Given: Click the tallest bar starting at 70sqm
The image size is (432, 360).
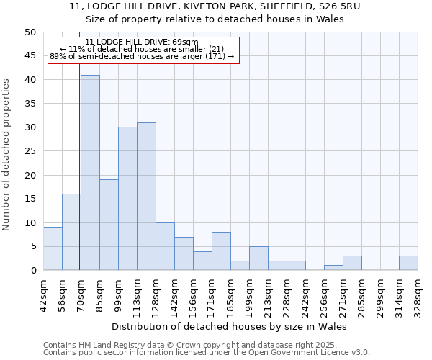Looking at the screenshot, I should click(90, 173).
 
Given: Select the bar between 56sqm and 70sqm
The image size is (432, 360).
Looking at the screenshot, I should click(71, 232).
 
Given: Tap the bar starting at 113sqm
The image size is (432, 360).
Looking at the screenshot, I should click(146, 197).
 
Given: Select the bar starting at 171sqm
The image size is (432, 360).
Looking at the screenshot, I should click(221, 251).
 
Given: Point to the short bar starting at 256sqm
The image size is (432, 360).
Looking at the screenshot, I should click(333, 268).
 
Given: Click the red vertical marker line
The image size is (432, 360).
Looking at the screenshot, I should click(79, 180).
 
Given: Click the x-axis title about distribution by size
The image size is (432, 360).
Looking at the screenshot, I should click(230, 326).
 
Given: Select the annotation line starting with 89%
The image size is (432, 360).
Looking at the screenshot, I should click(142, 56).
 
